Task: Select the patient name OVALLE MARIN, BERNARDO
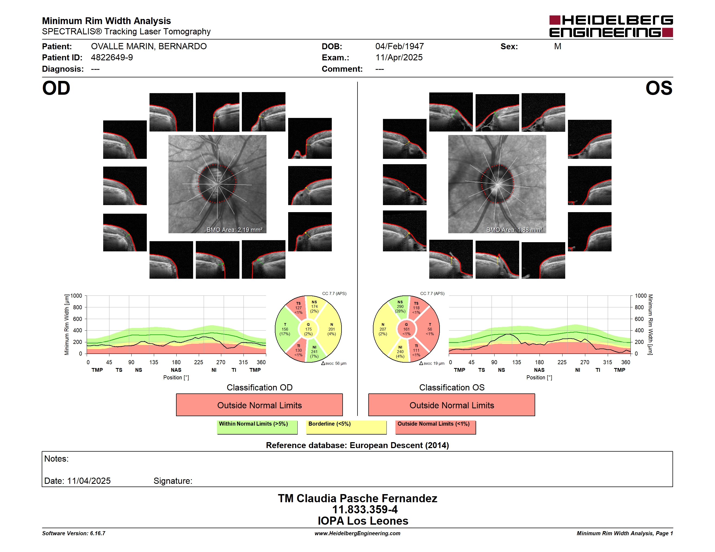[149, 47]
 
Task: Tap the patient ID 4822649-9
[112, 58]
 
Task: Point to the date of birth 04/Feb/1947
[399, 47]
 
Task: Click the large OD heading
[56, 88]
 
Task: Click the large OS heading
[659, 88]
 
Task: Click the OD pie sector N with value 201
[331, 329]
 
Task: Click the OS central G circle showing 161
[406, 329]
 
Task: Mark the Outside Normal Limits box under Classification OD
[259, 405]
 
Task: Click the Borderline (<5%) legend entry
[346, 427]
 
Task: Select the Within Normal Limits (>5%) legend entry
[257, 427]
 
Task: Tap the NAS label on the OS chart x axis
[539, 370]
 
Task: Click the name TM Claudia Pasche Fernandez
[357, 498]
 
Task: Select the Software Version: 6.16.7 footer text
[74, 533]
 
